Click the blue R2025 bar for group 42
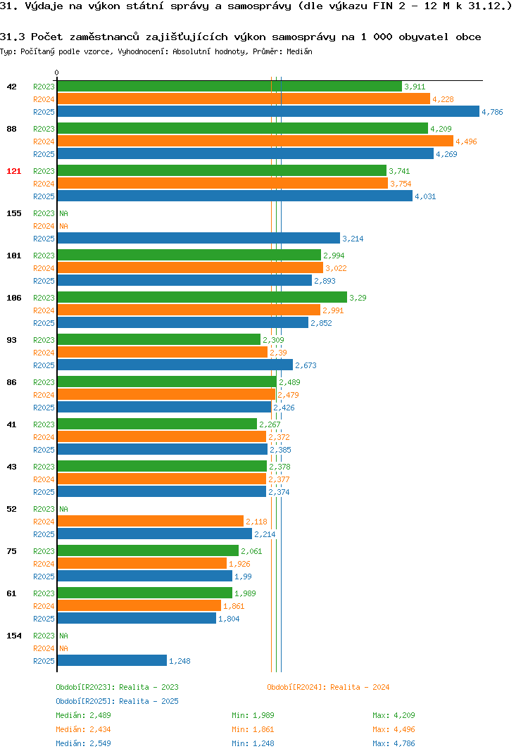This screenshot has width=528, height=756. point(269,111)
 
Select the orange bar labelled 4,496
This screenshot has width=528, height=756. point(256,141)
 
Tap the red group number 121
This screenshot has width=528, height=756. point(14,171)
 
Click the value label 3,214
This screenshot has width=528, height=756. point(353,239)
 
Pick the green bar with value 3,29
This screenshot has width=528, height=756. point(203,297)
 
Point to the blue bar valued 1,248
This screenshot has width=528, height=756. point(113,660)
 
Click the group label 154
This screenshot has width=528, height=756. point(14,636)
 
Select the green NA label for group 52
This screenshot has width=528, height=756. point(63,509)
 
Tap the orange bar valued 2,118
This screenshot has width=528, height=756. point(151,521)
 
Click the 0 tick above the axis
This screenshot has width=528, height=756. point(56,73)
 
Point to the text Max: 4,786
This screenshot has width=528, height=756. point(394,743)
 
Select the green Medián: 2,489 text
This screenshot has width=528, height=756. point(83,715)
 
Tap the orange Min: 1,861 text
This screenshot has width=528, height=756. point(253,729)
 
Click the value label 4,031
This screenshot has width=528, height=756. point(425,196)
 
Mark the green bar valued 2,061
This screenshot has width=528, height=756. point(148,550)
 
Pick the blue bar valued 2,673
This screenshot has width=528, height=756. point(175,365)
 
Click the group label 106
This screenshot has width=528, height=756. point(14,298)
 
